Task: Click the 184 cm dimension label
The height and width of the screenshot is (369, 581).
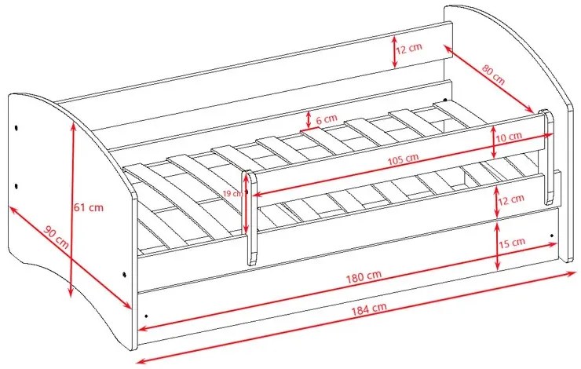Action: [x=369, y=309]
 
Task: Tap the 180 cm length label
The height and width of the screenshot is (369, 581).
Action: [x=364, y=276]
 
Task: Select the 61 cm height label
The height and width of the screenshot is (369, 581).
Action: [x=89, y=207]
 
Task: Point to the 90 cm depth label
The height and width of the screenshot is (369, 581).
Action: [x=57, y=236]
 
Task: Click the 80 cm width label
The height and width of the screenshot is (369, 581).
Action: [x=493, y=75]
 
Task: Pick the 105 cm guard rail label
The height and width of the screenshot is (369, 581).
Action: [x=403, y=159]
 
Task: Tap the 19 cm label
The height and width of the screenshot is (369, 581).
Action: [x=233, y=193]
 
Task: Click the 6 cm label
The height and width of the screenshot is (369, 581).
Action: [x=327, y=119]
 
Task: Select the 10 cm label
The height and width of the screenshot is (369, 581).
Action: [x=509, y=137]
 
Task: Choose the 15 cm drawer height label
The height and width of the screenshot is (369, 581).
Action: [x=512, y=243]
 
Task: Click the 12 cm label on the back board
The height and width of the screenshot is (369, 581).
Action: [x=409, y=48]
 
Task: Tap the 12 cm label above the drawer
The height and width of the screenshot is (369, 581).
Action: [x=511, y=199]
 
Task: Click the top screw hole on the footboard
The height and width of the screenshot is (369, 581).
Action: [x=16, y=128]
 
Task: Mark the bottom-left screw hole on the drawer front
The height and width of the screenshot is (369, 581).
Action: [x=146, y=316]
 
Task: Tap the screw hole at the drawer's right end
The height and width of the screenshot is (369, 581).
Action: [x=552, y=236]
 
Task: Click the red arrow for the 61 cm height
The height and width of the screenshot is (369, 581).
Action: [x=72, y=210]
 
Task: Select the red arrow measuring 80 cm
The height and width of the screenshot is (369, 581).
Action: [x=488, y=79]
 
